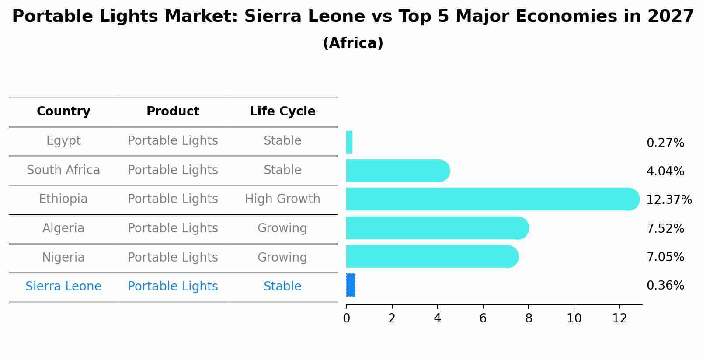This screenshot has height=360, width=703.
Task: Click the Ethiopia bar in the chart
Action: (x=490, y=199)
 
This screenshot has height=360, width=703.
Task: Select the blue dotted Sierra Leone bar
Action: (x=350, y=285)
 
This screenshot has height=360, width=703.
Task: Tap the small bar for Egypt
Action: (x=349, y=142)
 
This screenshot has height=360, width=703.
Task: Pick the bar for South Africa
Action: (x=396, y=171)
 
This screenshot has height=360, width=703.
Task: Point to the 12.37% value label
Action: (x=668, y=200)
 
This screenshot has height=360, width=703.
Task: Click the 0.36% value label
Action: (x=665, y=286)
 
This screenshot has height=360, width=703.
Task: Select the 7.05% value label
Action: (x=665, y=257)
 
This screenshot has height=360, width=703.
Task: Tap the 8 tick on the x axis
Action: (x=528, y=318)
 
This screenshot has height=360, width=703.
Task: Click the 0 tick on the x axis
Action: (x=346, y=318)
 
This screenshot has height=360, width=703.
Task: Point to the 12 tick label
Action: (x=619, y=318)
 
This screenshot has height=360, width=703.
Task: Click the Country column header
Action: (x=63, y=112)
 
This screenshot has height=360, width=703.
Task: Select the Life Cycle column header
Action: (x=282, y=112)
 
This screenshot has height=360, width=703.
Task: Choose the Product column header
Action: (x=173, y=112)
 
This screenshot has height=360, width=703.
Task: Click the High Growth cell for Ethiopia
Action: (x=282, y=199)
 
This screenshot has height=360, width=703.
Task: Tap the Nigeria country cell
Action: (x=63, y=257)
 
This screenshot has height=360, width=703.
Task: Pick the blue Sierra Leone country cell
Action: (x=63, y=287)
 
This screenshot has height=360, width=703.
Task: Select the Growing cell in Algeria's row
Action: (x=282, y=228)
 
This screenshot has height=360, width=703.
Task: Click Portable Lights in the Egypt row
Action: (x=173, y=141)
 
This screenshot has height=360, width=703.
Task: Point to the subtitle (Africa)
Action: (x=353, y=43)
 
